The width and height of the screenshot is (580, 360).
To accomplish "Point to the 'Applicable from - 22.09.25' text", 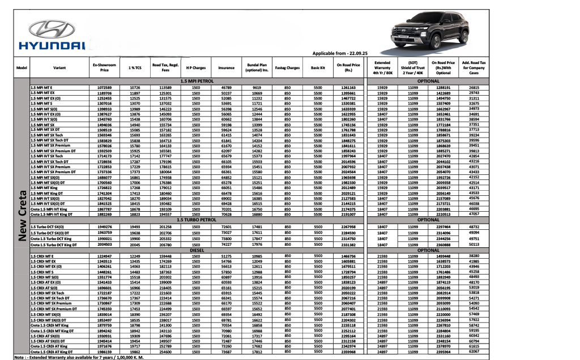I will [340, 53].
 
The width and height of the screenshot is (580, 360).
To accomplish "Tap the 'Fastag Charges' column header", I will [287, 68].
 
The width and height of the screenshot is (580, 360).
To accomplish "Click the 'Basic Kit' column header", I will [318, 68].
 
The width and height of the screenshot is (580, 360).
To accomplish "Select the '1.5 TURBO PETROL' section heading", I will [196, 219].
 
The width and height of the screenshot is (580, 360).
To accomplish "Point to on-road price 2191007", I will [348, 215].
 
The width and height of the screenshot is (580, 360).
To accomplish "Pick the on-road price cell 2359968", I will [348, 352].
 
